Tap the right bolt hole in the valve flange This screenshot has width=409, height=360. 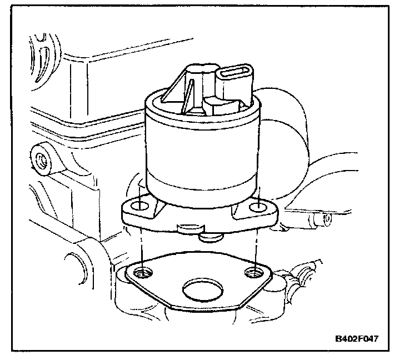pos(257,208)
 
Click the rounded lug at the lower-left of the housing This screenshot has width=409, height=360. pos(75,261)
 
